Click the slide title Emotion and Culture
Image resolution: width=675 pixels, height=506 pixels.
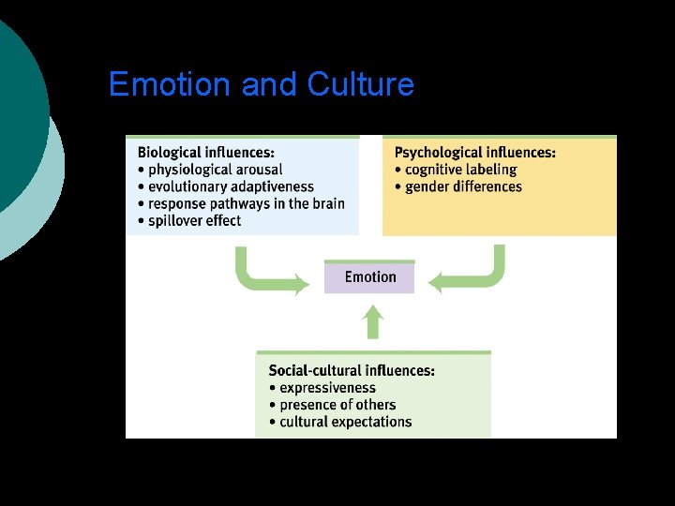(261, 85)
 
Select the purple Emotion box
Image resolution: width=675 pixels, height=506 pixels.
(369, 277)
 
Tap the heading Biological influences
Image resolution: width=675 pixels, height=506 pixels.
(205, 152)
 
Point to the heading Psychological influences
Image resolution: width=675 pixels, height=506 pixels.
(474, 152)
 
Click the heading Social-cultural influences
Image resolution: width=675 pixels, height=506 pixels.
(351, 371)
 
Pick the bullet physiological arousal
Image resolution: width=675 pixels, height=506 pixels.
(214, 170)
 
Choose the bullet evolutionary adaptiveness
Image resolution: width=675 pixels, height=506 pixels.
(230, 186)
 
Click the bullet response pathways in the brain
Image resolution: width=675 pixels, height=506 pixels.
(246, 203)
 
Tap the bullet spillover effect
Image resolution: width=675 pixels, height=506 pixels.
(194, 221)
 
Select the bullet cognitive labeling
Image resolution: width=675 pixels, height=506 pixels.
(460, 170)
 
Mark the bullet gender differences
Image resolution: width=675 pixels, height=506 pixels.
(463, 186)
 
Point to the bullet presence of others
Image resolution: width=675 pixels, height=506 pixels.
(337, 405)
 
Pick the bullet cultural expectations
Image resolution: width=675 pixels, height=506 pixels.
(345, 422)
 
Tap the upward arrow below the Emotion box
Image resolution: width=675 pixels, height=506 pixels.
(373, 321)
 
